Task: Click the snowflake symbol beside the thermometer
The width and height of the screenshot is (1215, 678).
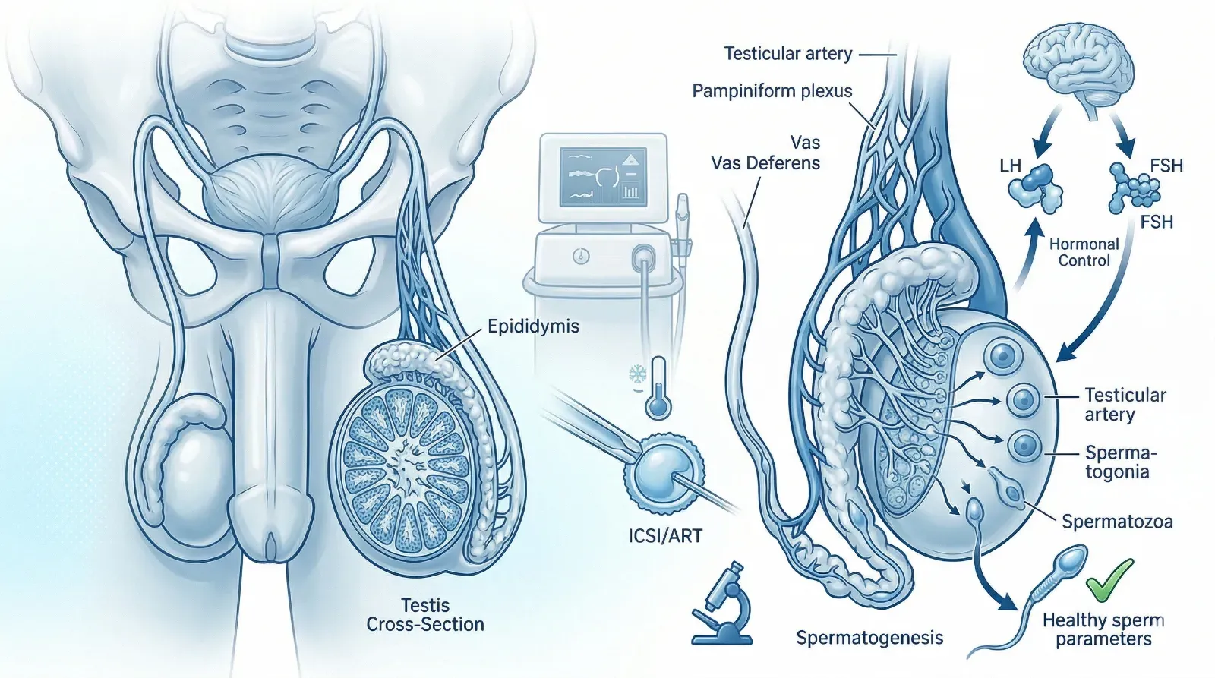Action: click(x=636, y=374)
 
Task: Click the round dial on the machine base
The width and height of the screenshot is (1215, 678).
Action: click(x=581, y=256)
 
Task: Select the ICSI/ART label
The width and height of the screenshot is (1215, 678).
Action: click(x=665, y=536)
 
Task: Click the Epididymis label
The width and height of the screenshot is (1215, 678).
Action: click(x=533, y=326)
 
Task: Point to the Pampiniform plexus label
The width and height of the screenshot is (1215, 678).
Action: click(x=772, y=91)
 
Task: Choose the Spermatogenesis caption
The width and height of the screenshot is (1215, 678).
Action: click(x=869, y=638)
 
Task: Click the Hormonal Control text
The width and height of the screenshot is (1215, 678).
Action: click(x=1084, y=252)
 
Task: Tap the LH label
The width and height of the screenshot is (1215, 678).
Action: click(x=1010, y=166)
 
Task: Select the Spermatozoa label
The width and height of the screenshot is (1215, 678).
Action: click(x=1117, y=522)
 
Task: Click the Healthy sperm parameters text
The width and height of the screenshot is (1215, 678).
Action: click(x=1103, y=629)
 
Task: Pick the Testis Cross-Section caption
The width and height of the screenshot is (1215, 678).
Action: click(x=425, y=615)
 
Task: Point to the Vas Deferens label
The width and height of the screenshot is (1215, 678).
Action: click(x=765, y=162)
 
